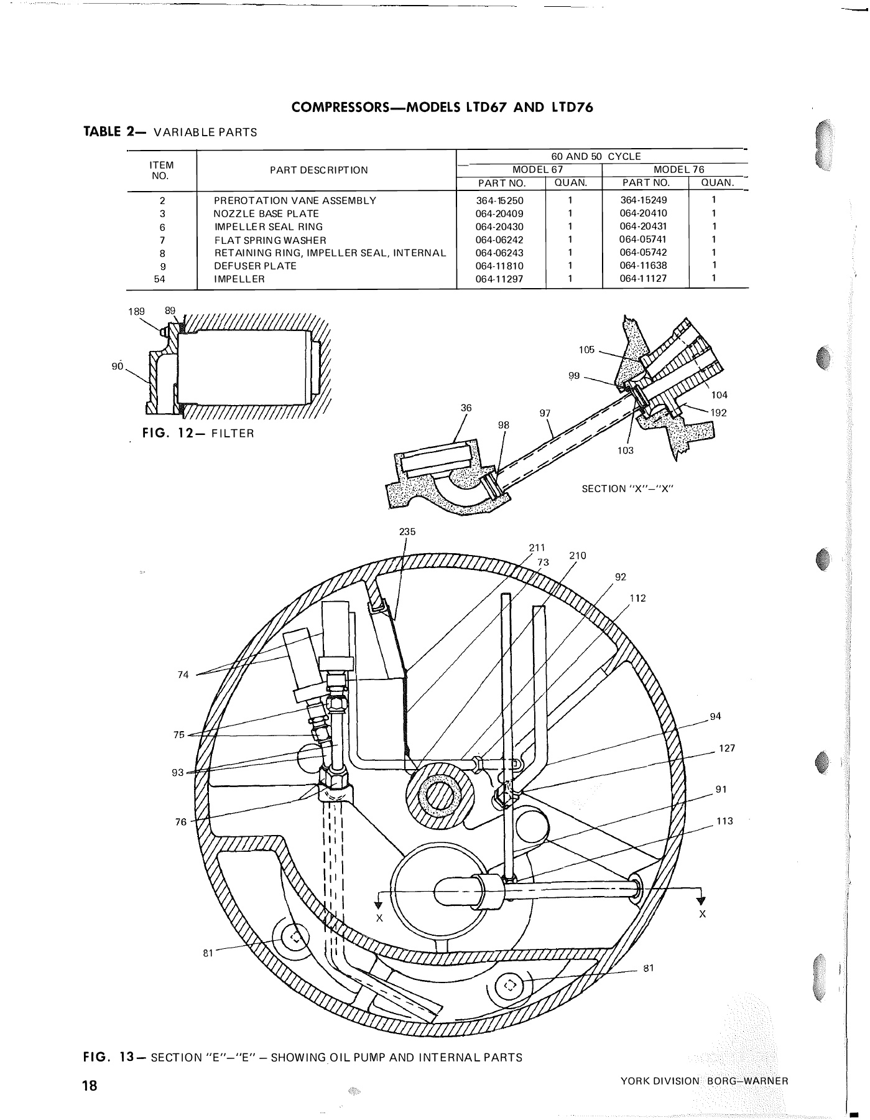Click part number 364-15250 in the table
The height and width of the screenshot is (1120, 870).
501,200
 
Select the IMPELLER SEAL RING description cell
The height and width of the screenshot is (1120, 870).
269,227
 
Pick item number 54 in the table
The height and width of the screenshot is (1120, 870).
160,279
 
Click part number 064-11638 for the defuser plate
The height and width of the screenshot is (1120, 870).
643,266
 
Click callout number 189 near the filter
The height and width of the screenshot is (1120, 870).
137,311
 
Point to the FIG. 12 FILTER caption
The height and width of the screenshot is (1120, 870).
198,433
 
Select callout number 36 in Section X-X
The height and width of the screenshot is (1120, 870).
466,408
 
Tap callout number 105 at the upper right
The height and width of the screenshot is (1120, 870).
586,350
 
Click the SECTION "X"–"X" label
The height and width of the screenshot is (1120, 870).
627,488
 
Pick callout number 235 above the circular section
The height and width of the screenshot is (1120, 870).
407,532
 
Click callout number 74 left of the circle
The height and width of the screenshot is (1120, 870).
183,674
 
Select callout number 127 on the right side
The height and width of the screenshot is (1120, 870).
727,749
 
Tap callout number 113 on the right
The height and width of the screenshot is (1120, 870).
724,821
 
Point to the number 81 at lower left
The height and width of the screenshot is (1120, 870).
208,953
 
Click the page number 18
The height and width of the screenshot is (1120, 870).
91,1086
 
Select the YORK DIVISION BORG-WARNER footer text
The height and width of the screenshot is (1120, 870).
704,1081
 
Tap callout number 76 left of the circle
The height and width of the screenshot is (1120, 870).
180,822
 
